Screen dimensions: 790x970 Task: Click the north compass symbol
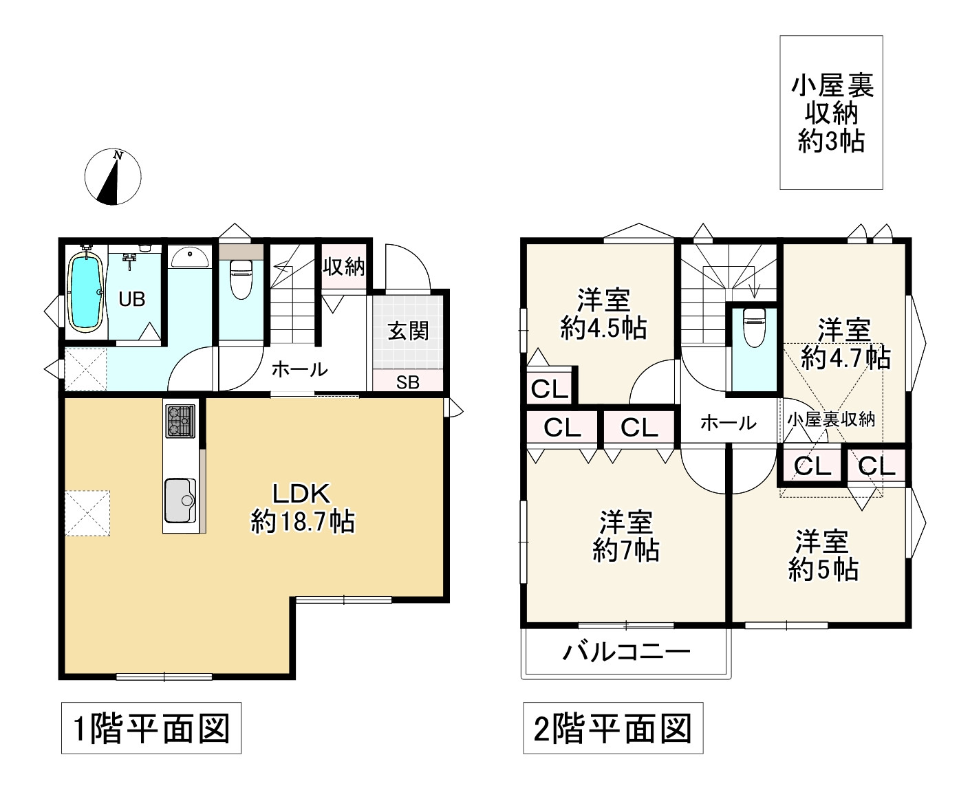113,177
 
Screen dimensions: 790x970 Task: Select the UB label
131,299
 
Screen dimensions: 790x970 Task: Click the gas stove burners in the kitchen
180,421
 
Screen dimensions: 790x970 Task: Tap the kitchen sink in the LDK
180,501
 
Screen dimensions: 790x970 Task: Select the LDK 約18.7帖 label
303,507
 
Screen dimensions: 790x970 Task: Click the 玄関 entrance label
408,331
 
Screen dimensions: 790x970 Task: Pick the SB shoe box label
408,382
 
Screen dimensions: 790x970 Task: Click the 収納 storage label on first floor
344,266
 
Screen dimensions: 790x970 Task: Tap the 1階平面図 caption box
151,728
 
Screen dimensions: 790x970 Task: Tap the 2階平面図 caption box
613,728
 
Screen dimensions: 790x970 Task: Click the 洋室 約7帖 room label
626,536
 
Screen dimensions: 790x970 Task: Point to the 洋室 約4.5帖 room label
603,314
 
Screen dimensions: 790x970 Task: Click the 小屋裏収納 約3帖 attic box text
831,113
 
